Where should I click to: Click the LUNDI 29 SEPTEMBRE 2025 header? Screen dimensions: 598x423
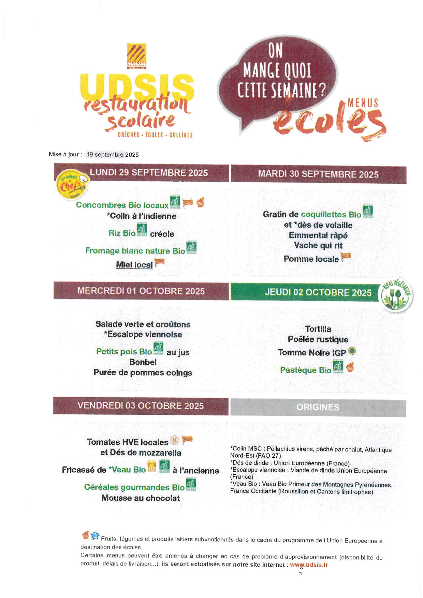[x=149, y=173]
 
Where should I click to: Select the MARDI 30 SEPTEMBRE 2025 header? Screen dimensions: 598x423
[x=318, y=174]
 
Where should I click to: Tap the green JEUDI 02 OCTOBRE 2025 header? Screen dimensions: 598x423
[x=318, y=293]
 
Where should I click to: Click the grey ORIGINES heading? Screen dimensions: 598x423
[x=318, y=408]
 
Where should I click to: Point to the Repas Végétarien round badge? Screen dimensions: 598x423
[x=396, y=295]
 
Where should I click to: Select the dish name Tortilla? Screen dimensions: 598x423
[x=318, y=329]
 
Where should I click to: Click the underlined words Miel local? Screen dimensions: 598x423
[x=134, y=265]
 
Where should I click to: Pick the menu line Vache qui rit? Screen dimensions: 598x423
[x=318, y=246]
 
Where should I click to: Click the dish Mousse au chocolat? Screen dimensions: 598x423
[x=141, y=498]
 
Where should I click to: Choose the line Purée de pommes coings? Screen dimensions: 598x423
[x=143, y=373]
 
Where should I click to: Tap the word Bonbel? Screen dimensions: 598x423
[x=143, y=362]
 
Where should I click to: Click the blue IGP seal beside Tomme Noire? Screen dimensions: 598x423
[x=352, y=351]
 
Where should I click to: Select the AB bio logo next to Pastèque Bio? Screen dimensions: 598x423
[x=338, y=367]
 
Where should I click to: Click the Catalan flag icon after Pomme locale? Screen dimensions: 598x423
[x=346, y=257]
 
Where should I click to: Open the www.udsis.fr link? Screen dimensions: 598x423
[x=309, y=565]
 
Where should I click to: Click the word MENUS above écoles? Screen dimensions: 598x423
[x=363, y=103]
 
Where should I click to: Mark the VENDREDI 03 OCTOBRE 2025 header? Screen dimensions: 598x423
[x=141, y=406]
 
